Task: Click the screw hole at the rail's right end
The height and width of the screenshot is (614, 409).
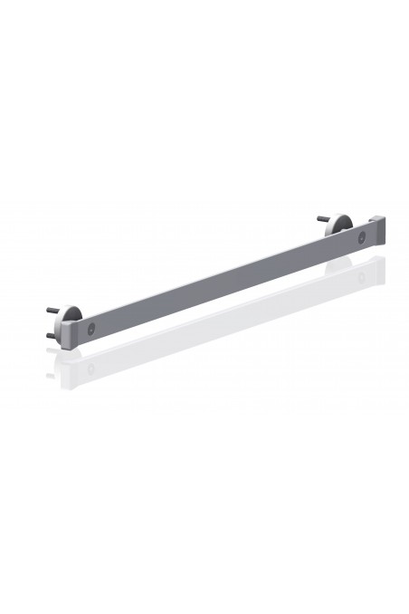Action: pos(361,237)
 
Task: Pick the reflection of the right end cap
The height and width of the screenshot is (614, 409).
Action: pos(378,264)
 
